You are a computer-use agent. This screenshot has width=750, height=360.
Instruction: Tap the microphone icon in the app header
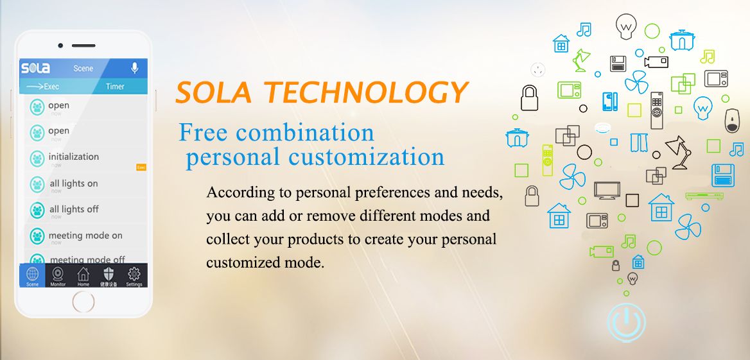coord(135,68)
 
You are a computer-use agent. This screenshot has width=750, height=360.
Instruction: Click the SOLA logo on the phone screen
coord(35,68)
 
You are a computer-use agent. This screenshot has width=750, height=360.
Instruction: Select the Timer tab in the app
coord(115,87)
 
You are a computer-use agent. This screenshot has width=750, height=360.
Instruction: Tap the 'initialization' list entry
coord(73,157)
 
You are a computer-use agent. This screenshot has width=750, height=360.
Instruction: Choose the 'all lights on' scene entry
coord(73,184)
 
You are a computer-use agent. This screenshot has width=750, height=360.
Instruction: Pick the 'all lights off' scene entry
coord(74,209)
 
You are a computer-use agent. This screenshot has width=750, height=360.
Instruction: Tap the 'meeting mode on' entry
coord(85,236)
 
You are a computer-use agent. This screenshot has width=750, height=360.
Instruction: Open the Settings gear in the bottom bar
coord(134,276)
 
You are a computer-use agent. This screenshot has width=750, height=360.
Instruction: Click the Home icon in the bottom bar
coord(83,276)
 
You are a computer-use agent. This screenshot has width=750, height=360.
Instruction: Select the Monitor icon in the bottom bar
coord(58,276)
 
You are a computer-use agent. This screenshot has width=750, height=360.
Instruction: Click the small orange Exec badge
coord(142,167)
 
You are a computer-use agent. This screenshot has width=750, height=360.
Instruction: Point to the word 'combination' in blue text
coord(306,133)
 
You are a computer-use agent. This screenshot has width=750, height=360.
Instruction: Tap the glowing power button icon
coord(626,321)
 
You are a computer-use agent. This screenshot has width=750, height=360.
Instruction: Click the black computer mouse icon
coord(732,120)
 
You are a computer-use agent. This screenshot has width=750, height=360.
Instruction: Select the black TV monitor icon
coord(606,191)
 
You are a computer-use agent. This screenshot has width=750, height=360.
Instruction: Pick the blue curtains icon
coord(639,142)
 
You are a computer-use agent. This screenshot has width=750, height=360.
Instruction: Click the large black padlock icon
coord(528,98)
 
